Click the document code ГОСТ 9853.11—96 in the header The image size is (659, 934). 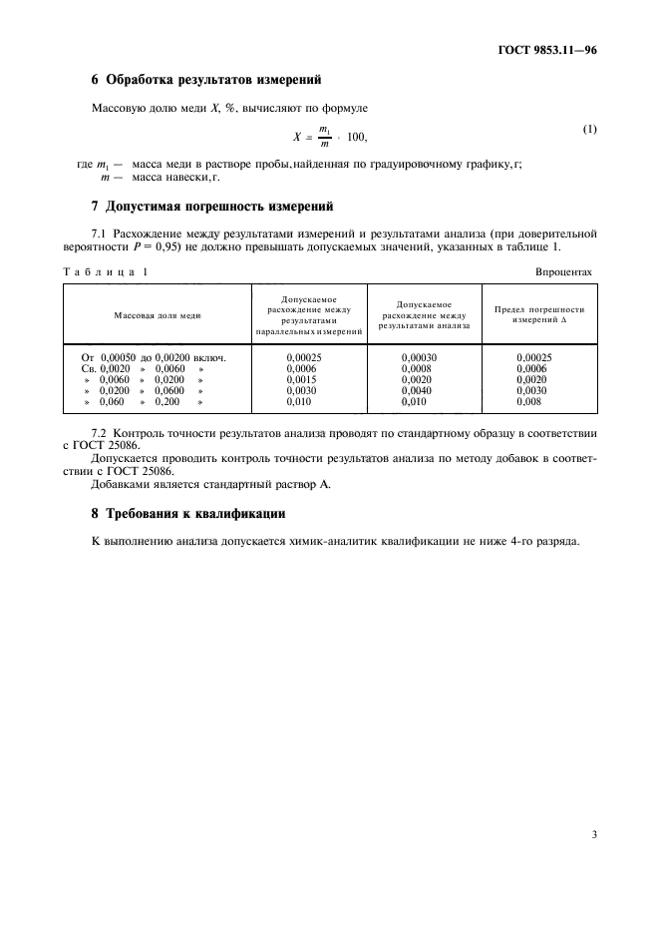553,49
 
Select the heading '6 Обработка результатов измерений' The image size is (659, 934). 205,79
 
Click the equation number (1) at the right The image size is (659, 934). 589,130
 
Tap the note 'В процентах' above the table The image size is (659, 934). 563,271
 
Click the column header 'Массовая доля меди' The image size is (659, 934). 158,314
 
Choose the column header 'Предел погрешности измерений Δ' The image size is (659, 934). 539,314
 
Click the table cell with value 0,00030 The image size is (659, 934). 420,356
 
